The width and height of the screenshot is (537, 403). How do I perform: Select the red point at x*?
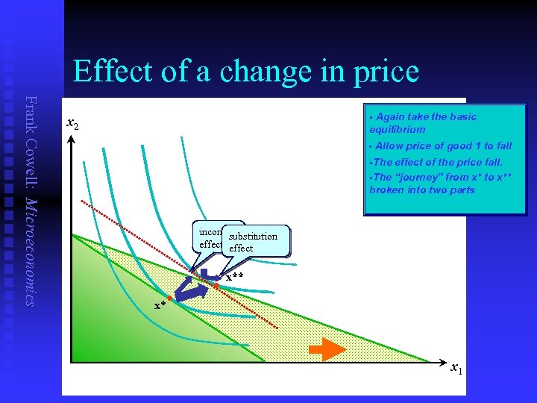(x=170, y=299)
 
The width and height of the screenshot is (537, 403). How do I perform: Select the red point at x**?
(x=216, y=285)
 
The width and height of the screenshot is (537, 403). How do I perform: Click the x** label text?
(x=235, y=277)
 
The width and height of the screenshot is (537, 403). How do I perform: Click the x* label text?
(x=160, y=305)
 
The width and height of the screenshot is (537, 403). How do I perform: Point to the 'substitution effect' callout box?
(x=254, y=242)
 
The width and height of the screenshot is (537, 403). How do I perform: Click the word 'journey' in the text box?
(x=421, y=177)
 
